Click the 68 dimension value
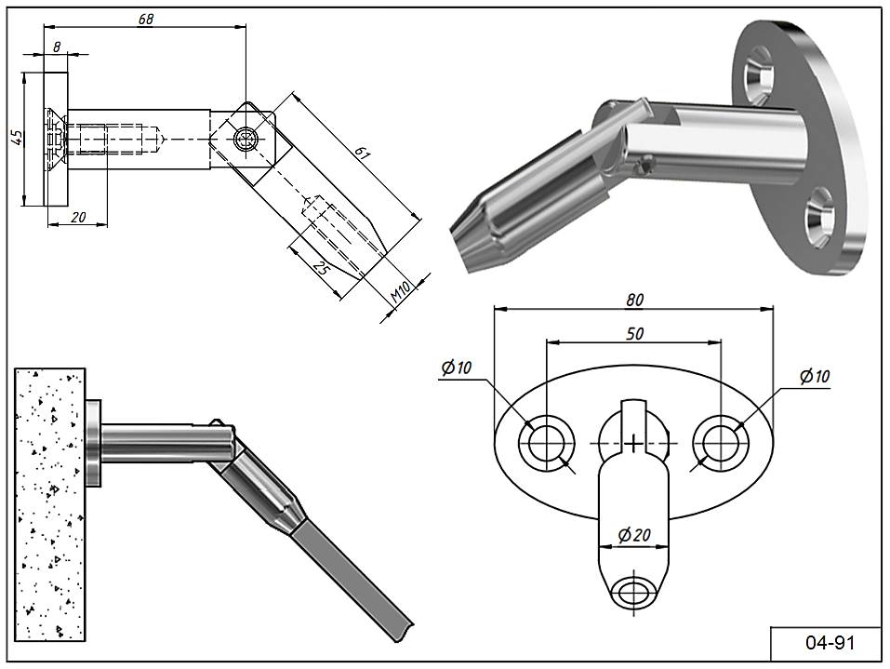pos(145,20)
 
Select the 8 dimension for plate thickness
pos(58,46)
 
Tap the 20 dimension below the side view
pos(78,217)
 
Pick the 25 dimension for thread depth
pos(322,270)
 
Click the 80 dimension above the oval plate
pos(634,300)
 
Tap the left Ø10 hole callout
pos(457,368)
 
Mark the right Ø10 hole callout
pos(814,376)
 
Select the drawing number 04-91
pos(826,643)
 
